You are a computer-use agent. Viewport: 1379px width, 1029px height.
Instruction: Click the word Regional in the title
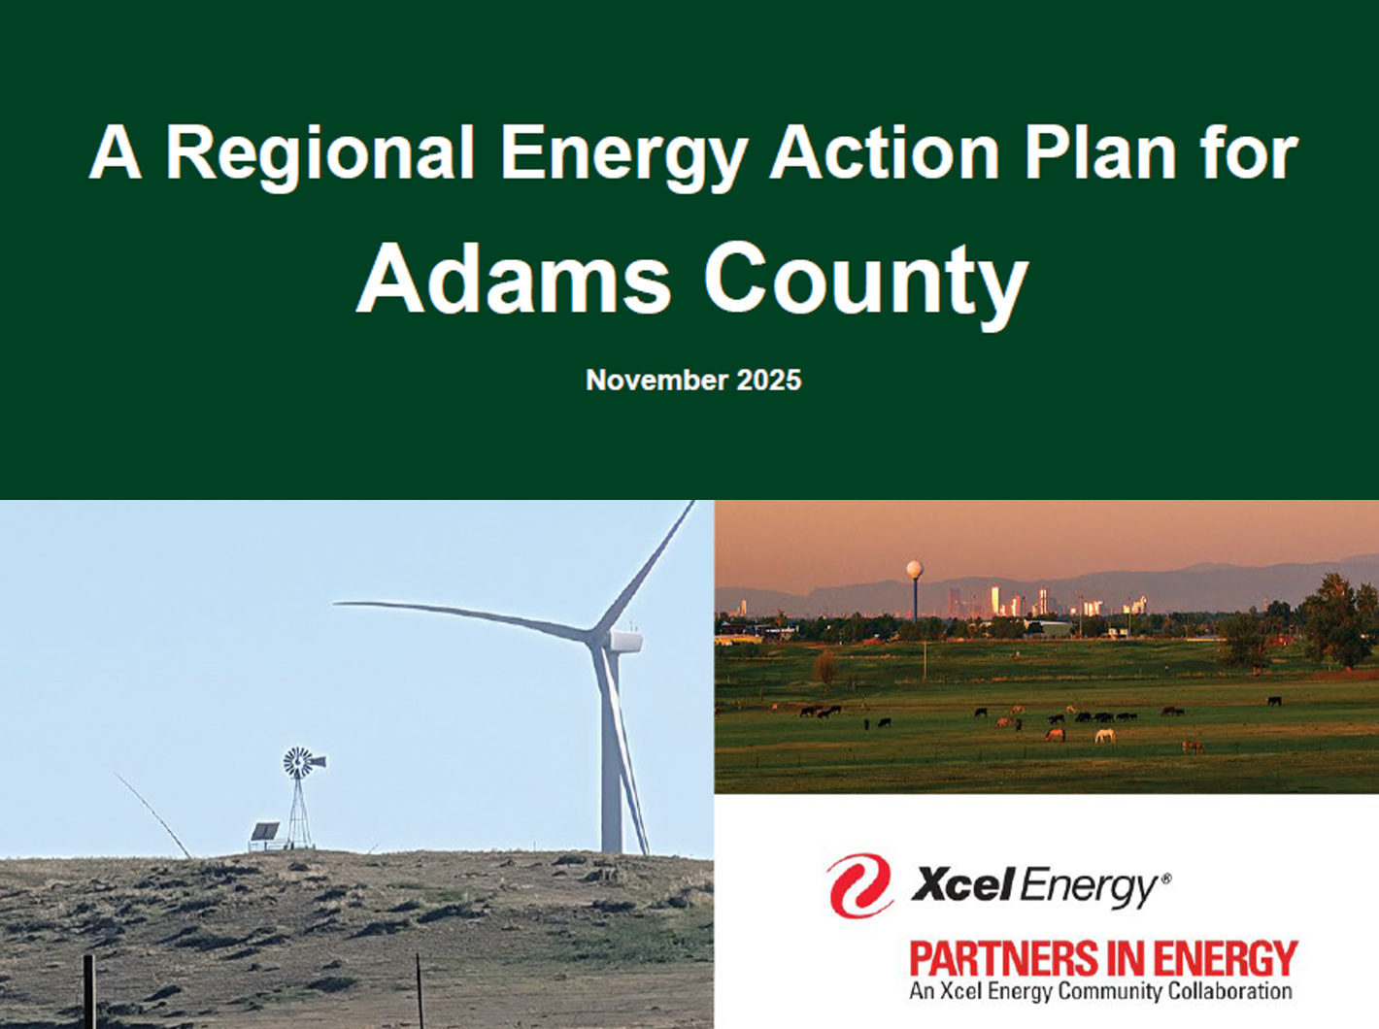pyautogui.click(x=320, y=153)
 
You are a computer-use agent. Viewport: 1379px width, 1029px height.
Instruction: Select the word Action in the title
pyautogui.click(x=885, y=153)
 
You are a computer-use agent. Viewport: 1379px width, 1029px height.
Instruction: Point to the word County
pyautogui.click(x=865, y=282)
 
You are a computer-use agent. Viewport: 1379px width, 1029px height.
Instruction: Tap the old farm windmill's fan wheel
pyautogui.click(x=298, y=763)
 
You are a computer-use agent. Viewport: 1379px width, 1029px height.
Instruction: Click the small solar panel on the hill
pyautogui.click(x=264, y=832)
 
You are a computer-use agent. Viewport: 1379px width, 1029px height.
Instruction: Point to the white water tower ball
pyautogui.click(x=914, y=569)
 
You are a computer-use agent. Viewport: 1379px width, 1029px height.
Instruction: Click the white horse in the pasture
pyautogui.click(x=1104, y=736)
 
